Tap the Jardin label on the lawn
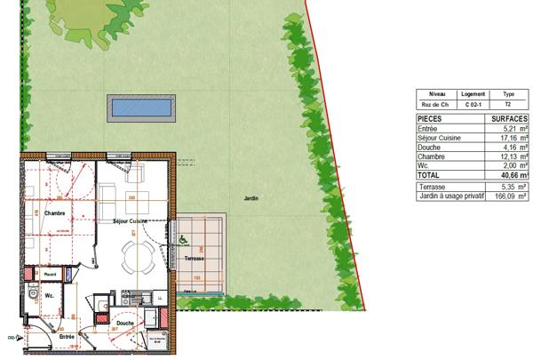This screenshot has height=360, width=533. click(x=252, y=198)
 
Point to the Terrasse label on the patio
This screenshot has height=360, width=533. click(x=195, y=258)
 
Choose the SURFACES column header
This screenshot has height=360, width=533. click(x=510, y=118)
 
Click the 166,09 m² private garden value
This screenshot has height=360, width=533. click(x=512, y=196)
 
